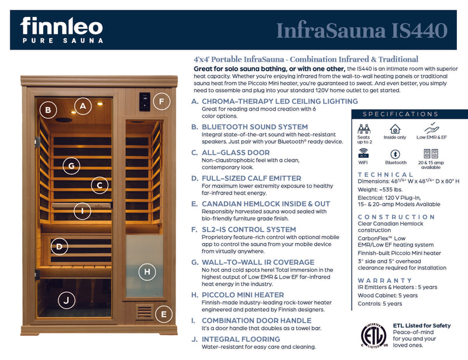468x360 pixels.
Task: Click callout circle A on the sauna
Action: [x=83, y=106]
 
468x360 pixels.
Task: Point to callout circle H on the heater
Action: [x=147, y=271]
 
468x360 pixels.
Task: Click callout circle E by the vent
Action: [x=163, y=314]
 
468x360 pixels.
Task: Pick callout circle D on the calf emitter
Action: [x=59, y=247]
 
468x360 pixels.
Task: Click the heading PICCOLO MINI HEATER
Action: [x=243, y=295]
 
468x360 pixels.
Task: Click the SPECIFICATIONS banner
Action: [x=400, y=114]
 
